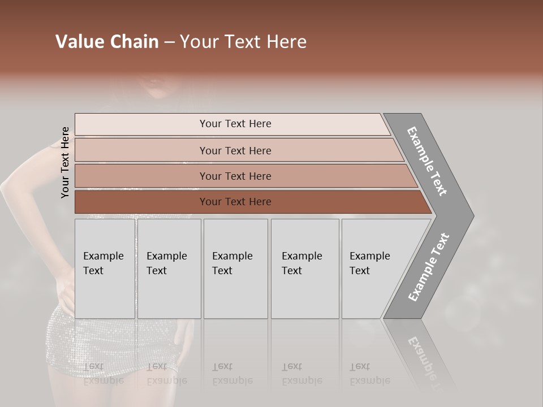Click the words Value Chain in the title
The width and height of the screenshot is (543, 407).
coord(107,42)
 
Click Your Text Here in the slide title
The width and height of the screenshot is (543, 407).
coord(243,42)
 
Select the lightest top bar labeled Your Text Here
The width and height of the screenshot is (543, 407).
coord(235,124)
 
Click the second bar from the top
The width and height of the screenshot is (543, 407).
coord(235,150)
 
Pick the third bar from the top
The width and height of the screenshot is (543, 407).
coord(235,176)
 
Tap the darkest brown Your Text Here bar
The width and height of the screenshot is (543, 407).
coord(235,202)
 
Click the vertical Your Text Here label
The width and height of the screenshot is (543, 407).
coord(65,162)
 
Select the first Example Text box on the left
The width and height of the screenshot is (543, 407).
coord(105,269)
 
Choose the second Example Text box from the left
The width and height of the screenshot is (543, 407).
coord(169,269)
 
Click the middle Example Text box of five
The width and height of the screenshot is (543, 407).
coord(235,269)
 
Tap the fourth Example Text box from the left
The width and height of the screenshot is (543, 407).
coord(304,269)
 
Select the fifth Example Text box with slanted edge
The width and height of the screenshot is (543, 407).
coord(373,269)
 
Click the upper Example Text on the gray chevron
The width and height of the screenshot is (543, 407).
coord(427,161)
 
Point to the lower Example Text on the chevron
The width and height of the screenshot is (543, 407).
coord(428,267)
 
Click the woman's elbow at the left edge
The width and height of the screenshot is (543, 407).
coord(7,184)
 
